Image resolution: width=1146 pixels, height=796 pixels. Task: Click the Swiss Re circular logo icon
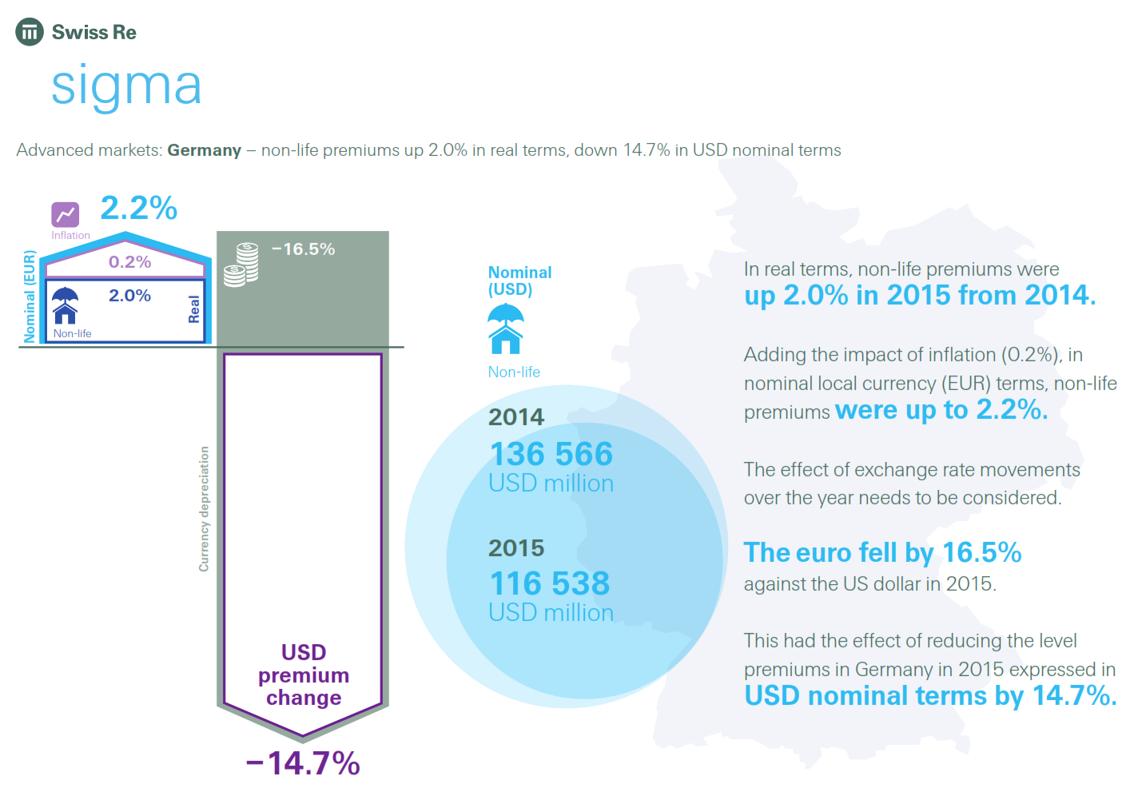(x=30, y=32)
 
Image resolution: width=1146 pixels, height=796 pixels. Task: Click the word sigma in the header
(x=126, y=86)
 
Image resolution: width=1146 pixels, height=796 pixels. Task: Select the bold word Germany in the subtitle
(x=204, y=150)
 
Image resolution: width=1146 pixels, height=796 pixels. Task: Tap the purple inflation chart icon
(x=66, y=214)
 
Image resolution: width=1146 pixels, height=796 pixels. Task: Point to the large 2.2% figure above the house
(x=138, y=208)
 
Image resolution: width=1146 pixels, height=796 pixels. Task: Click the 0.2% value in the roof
(x=129, y=262)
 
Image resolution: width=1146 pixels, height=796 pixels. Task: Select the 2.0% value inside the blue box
(x=129, y=296)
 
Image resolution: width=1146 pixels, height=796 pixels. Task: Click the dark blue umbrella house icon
(x=65, y=305)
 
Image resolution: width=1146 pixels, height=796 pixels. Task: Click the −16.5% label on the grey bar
(x=303, y=249)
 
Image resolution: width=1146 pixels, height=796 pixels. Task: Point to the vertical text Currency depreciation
(x=204, y=508)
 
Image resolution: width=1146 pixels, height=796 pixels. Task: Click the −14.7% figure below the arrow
(x=303, y=763)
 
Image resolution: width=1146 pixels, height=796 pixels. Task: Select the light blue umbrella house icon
(x=505, y=328)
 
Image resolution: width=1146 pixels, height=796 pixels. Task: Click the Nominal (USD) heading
(x=519, y=281)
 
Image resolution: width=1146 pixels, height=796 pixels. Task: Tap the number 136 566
(x=551, y=454)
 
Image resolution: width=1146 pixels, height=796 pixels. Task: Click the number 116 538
(x=549, y=583)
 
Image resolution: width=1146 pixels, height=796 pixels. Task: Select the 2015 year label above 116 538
(x=516, y=548)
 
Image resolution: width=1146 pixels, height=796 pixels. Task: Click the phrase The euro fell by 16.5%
(x=882, y=552)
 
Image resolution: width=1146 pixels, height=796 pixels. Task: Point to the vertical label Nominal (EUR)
(x=30, y=297)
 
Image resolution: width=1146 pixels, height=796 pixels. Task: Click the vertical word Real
(x=193, y=309)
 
